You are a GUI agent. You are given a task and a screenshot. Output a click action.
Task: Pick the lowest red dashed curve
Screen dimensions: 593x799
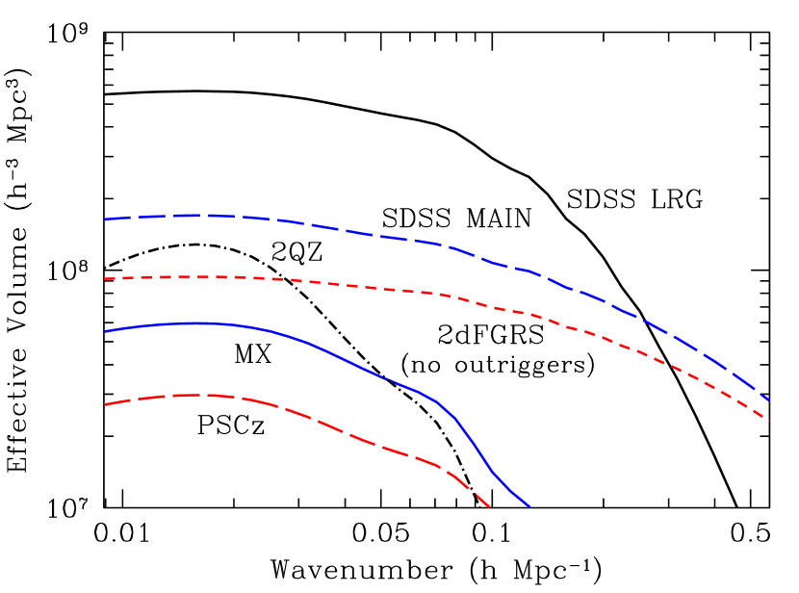click(x=318, y=420)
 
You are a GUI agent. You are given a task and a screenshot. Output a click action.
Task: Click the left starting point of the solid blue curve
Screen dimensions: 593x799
click(x=105, y=331)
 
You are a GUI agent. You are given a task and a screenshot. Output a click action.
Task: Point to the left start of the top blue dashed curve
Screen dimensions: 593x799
click(x=105, y=219)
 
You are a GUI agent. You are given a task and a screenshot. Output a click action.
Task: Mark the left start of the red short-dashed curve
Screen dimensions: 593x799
click(x=105, y=279)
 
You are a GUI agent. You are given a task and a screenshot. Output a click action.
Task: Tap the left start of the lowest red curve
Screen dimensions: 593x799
click(x=105, y=404)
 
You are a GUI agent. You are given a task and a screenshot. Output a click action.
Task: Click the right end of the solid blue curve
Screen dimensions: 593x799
click(x=528, y=505)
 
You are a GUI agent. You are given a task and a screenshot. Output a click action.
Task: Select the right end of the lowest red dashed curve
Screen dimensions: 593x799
click(x=490, y=506)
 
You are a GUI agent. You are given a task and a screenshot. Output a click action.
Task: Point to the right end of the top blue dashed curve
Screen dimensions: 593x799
click(x=768, y=400)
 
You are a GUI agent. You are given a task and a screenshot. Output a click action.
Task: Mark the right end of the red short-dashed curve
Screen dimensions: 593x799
click(x=768, y=421)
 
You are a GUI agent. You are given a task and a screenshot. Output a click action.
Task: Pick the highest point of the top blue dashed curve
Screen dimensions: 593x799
click(x=202, y=216)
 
